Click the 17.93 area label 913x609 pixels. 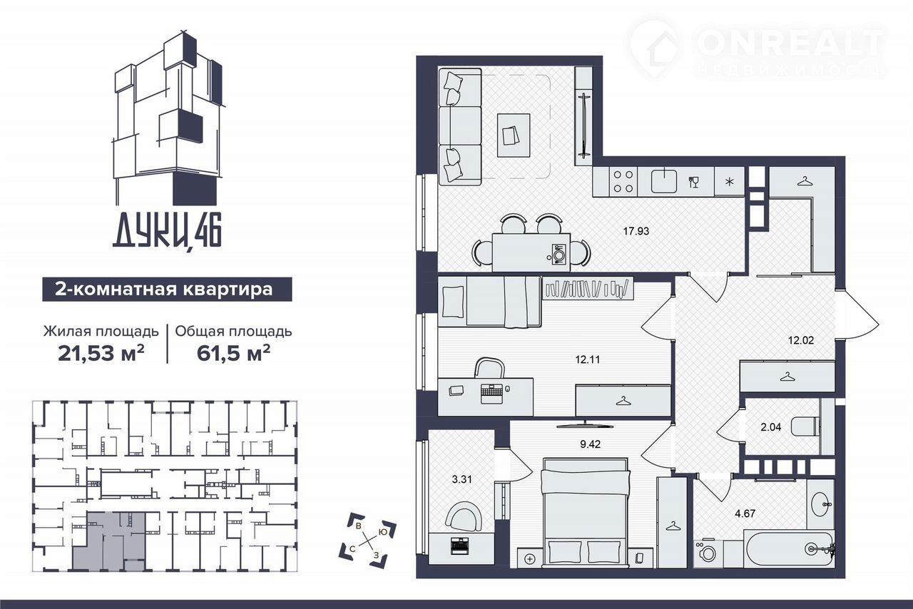click(636, 231)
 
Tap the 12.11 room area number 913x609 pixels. click(587, 359)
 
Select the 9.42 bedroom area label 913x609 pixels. click(590, 444)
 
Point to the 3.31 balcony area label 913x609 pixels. click(461, 479)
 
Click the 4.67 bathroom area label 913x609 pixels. click(745, 513)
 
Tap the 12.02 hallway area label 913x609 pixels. click(801, 339)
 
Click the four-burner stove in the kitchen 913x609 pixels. click(623, 181)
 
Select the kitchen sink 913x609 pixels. click(664, 181)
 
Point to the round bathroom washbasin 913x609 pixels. click(820, 505)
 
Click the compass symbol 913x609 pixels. click(368, 540)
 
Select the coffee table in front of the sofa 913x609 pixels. click(514, 135)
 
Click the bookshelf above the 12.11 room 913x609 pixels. click(588, 289)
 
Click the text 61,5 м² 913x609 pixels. click(233, 353)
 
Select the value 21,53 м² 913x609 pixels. click(101, 353)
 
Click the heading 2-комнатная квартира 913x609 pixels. click(164, 290)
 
